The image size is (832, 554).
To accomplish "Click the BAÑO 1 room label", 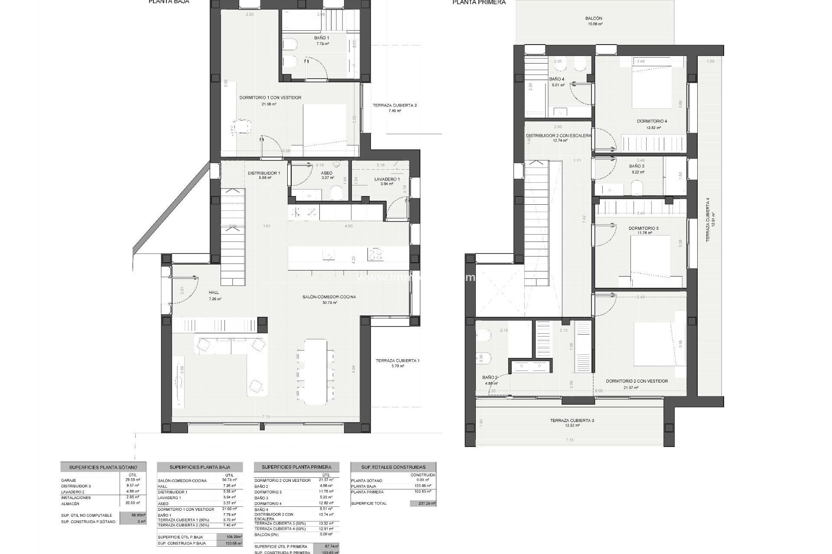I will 322,38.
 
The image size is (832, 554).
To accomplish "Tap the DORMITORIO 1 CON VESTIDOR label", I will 270,98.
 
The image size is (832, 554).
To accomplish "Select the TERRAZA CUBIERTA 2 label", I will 394,106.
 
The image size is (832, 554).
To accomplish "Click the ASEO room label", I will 327,173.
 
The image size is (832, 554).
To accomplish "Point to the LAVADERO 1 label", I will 387,179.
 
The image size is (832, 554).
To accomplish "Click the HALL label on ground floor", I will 214,293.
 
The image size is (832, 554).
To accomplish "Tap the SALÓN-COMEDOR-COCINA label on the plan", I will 329,297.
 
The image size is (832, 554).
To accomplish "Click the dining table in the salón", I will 315,371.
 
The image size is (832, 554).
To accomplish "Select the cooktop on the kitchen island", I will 375,254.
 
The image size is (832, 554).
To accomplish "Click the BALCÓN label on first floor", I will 594,19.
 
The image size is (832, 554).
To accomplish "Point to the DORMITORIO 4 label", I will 652,121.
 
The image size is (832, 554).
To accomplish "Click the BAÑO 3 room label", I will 637,166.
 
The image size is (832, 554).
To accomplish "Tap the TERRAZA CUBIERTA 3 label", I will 572,420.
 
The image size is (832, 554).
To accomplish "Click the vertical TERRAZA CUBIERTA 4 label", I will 708,219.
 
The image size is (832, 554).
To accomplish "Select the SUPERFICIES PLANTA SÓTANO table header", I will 103,467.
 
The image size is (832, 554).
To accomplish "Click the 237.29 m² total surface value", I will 423,503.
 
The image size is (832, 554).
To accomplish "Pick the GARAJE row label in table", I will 69,480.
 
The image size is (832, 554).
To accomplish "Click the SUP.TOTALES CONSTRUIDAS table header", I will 393,467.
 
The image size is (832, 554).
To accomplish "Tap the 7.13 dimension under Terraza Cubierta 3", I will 569,440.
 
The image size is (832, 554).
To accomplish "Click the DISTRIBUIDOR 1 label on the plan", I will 264,173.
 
